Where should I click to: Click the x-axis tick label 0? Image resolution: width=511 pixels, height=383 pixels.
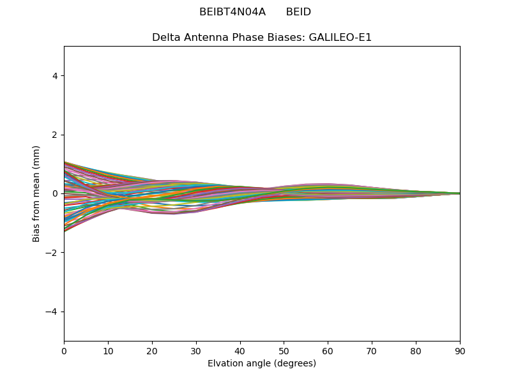[x=64, y=350]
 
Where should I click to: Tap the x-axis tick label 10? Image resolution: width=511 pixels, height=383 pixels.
[x=108, y=350]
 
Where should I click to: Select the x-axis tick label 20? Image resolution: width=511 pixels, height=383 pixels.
[x=152, y=350]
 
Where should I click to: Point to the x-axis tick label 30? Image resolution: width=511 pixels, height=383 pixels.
[x=196, y=350]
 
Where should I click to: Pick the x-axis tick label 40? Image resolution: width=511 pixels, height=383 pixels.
[x=240, y=350]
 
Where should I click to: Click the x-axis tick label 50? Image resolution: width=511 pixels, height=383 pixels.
[x=284, y=350]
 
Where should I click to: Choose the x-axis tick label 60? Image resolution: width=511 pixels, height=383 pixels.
[x=328, y=350]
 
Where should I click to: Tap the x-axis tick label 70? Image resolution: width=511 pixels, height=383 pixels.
[x=372, y=350]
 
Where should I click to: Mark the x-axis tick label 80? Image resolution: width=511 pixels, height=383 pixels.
[x=416, y=350]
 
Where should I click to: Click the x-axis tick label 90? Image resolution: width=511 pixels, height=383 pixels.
[x=460, y=350]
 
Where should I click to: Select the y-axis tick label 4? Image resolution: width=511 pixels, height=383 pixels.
[x=56, y=76]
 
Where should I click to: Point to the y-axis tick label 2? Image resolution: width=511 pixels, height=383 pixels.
[x=56, y=135]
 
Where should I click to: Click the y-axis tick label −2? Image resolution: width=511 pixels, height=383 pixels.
[x=53, y=253]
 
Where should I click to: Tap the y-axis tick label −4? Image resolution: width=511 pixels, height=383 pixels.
[x=53, y=312]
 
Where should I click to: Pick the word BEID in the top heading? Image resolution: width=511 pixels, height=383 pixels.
[x=298, y=12]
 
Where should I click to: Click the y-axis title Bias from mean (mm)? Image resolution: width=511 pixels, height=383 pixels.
[x=37, y=193]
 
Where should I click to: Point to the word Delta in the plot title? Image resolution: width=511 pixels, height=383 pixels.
[x=165, y=37]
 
